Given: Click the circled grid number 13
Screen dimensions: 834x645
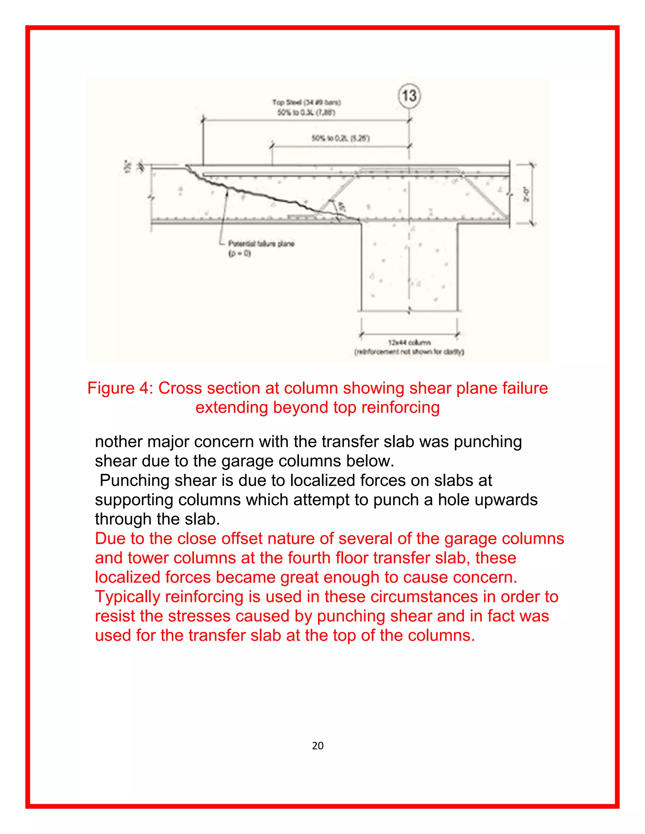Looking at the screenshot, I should click(409, 95).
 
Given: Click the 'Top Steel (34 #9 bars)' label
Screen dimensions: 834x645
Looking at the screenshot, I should click(306, 102).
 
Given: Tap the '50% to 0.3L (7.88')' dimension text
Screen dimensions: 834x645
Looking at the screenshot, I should click(306, 113).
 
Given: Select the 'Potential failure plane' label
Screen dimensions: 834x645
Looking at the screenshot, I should click(261, 244).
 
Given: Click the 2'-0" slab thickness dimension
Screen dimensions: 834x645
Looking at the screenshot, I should click(527, 194).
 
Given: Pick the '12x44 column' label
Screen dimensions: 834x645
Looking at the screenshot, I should click(409, 342).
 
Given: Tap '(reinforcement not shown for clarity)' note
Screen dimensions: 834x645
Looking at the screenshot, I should click(409, 352).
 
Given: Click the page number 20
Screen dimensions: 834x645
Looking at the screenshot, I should click(317, 745).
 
